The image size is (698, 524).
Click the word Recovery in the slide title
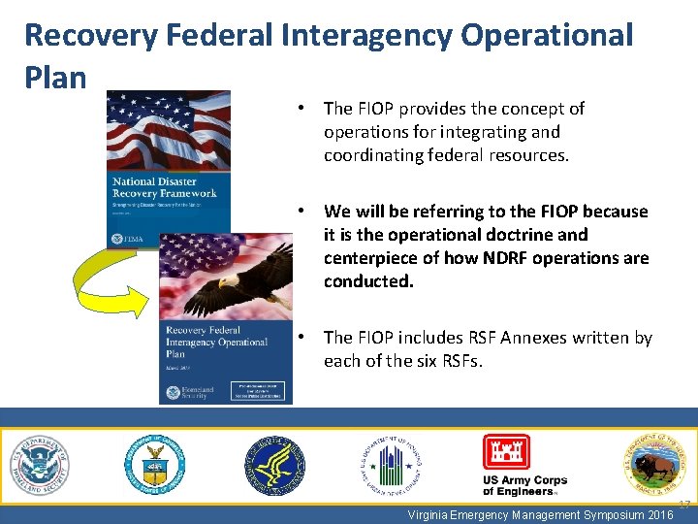(x=87, y=36)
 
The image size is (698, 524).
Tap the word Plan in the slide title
(x=55, y=78)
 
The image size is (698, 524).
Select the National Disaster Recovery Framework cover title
(x=164, y=187)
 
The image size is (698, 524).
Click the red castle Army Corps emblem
(x=507, y=452)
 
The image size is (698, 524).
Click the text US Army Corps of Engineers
(x=524, y=485)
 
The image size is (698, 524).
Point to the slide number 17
(x=684, y=505)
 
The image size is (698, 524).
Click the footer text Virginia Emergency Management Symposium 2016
(x=541, y=515)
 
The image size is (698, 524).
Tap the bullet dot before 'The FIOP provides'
(x=303, y=109)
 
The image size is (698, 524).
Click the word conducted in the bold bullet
(x=368, y=281)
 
